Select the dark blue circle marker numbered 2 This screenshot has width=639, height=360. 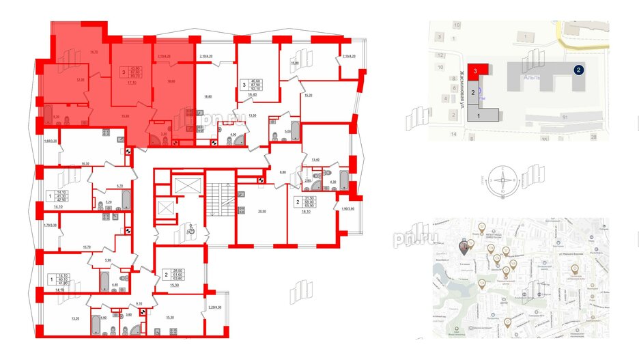[578, 70]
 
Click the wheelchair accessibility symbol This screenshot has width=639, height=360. [192, 232]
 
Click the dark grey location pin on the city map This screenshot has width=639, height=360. [466, 245]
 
